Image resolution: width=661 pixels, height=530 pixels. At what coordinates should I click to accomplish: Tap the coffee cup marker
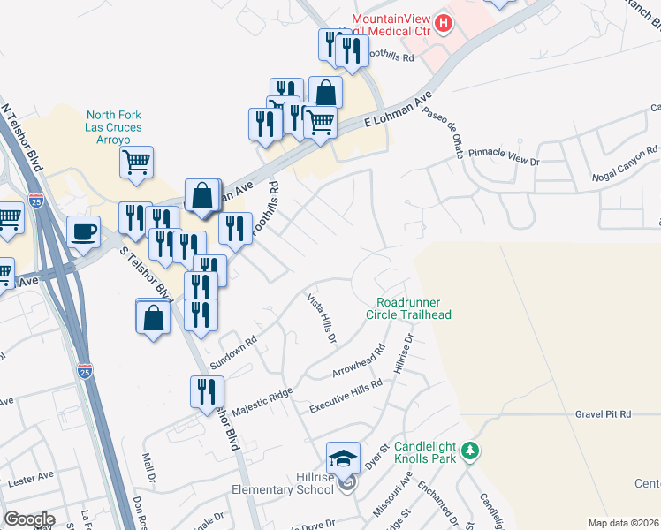84,231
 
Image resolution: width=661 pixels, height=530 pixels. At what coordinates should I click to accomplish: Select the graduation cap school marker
343,458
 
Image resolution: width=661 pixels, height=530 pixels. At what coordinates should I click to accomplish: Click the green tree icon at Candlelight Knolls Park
471,451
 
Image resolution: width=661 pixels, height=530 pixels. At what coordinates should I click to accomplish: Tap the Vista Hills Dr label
322,319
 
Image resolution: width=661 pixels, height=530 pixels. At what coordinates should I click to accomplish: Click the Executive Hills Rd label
346,397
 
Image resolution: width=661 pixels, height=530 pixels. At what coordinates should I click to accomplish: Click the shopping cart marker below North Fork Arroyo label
136,163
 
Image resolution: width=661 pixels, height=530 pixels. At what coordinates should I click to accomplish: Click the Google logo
28,519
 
